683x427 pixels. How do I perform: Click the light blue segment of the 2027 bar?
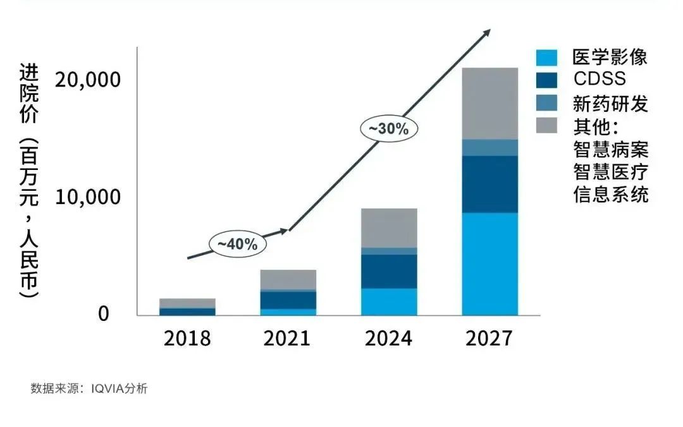pos(489,264)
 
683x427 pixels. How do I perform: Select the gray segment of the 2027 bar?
pos(489,103)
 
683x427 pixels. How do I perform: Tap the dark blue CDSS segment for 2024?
pos(389,272)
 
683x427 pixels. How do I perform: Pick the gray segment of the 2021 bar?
pos(288,279)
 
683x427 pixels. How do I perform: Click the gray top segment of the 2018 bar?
pos(187,303)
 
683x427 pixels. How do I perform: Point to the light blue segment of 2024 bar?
pos(389,302)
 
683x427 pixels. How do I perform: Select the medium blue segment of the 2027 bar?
pos(489,147)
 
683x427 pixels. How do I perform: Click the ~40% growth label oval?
pos(238,244)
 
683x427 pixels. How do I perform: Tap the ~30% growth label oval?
pos(389,128)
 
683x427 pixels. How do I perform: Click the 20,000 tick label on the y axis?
pos(87,80)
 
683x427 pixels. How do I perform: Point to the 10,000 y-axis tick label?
pos(87,197)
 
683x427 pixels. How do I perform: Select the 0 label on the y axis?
pos(104,314)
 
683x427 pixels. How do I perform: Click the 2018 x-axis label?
pos(187,339)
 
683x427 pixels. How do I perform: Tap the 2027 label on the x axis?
pos(489,339)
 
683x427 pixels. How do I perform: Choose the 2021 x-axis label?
pos(288,339)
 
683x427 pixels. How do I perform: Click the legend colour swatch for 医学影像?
pos(546,58)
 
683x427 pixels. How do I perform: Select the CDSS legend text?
pos(599,79)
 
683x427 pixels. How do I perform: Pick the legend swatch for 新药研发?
pos(546,103)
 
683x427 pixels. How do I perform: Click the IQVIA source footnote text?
pos(89,388)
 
